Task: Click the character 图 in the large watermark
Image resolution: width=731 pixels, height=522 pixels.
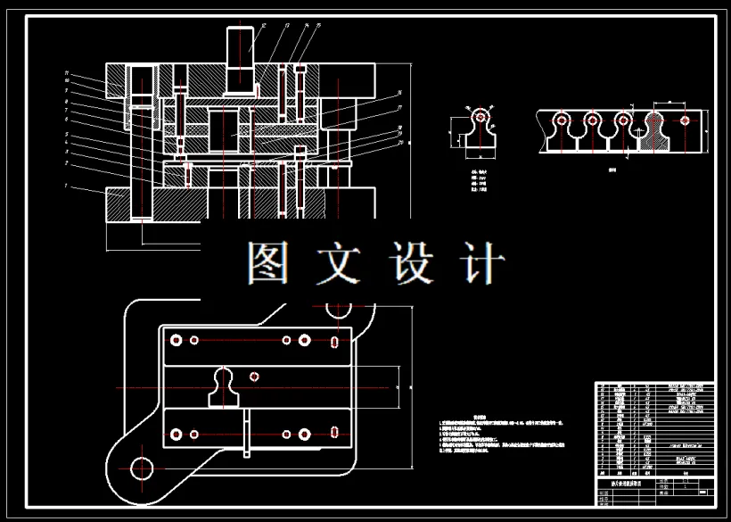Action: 267,264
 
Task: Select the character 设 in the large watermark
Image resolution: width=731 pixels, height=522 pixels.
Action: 411,264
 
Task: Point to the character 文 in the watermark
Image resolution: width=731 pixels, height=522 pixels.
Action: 339,264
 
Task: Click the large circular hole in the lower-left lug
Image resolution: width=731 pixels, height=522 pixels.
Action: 141,467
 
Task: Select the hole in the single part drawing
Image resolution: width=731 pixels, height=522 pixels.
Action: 480,116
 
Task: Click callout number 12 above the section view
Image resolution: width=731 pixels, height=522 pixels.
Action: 251,27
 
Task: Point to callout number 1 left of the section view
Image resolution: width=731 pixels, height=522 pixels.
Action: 67,186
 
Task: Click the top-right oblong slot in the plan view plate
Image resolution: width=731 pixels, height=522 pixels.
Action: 333,340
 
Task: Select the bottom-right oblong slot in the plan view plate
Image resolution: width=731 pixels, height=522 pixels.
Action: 333,434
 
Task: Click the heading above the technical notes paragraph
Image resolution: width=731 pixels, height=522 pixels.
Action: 478,417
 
